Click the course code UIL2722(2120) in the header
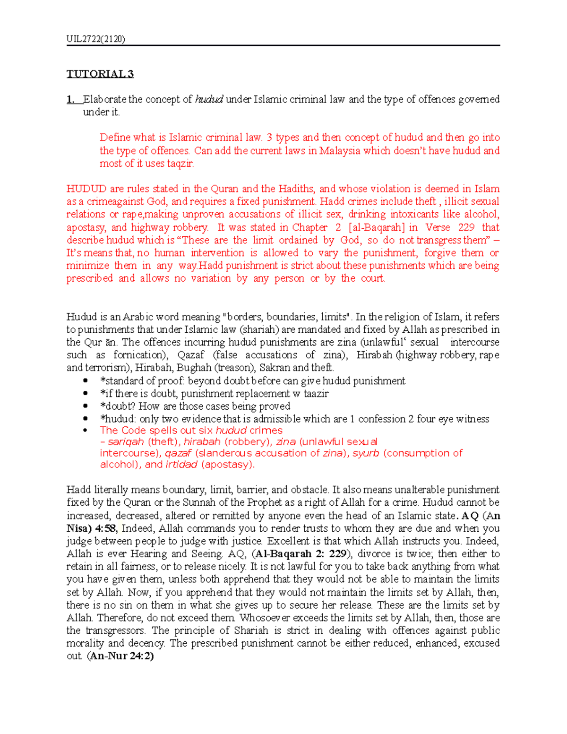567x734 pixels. (95, 39)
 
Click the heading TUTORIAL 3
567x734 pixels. (100, 74)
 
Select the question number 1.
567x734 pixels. (71, 99)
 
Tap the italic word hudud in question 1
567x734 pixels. (208, 99)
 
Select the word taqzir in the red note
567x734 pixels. (180, 164)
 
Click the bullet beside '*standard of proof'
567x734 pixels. (85, 381)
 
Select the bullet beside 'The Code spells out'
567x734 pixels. (85, 431)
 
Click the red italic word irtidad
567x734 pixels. (181, 465)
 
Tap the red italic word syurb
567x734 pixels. (366, 453)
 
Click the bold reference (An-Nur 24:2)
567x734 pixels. (120, 656)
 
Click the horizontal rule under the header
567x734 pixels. (283, 45)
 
